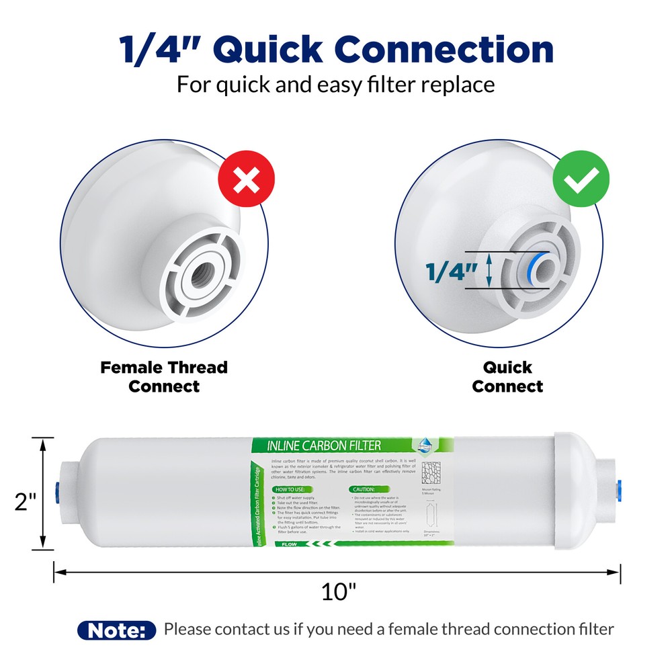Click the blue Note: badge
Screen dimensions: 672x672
[x=117, y=630]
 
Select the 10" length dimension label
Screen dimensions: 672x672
[x=338, y=592]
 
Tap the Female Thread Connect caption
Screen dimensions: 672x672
[x=164, y=377]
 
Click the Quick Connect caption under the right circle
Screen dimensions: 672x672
[x=507, y=377]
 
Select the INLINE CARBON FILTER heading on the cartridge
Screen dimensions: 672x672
[x=324, y=446]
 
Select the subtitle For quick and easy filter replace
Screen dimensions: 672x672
[x=336, y=85]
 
